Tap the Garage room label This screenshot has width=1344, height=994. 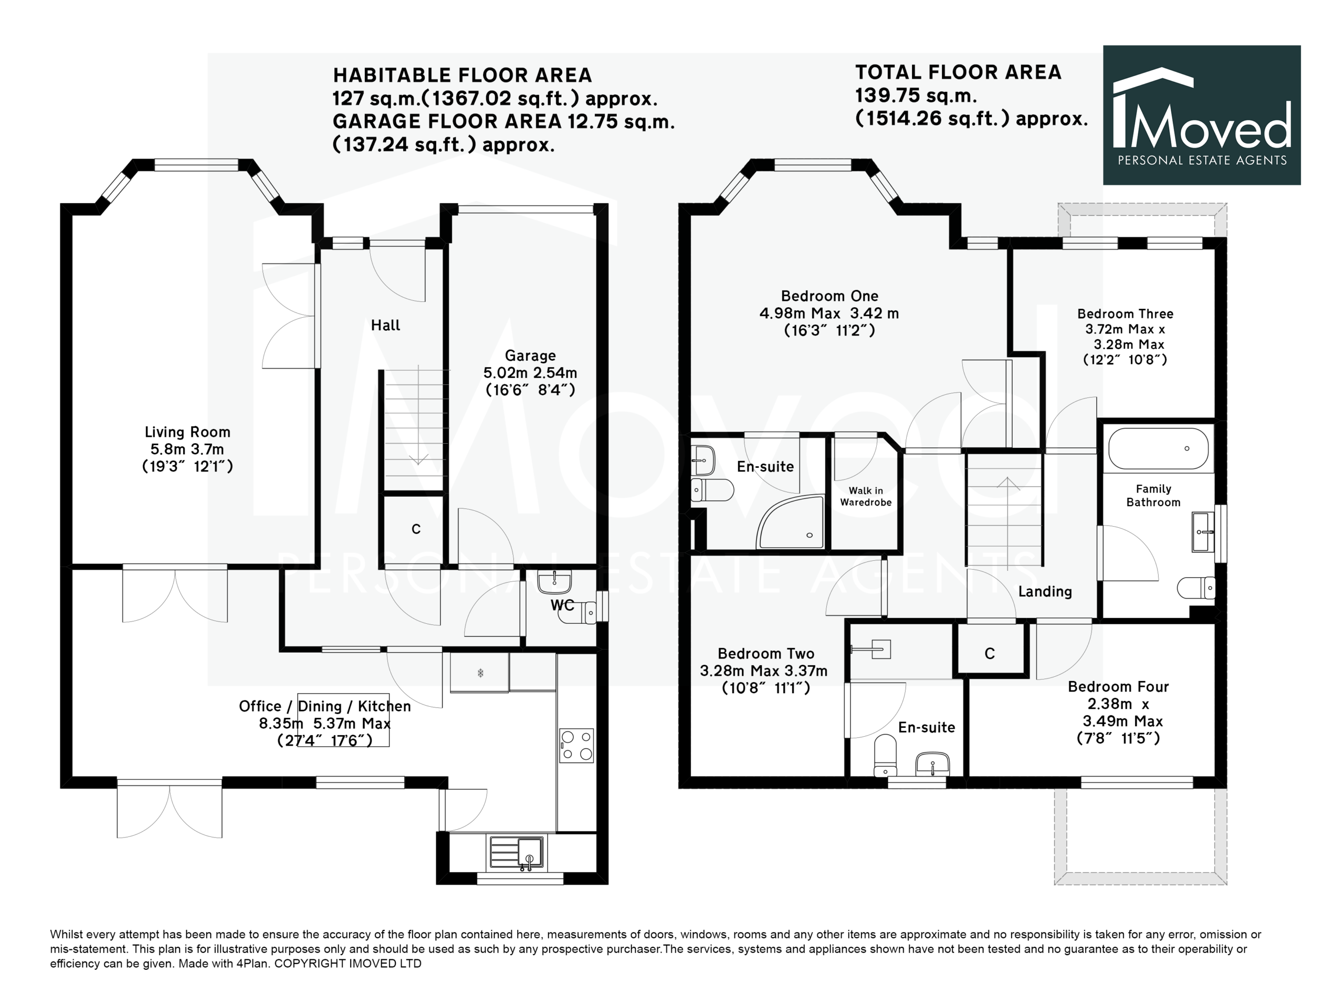[530, 355]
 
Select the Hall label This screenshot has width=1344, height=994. [386, 326]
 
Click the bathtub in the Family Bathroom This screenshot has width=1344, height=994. [1158, 448]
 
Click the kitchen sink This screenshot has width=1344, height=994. [517, 853]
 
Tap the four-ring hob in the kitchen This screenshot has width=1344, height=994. [576, 746]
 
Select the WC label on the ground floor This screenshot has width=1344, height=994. [562, 605]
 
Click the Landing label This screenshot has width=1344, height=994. [1045, 591]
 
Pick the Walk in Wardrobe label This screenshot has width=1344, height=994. [866, 496]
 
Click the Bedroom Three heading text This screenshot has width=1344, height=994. [1125, 313]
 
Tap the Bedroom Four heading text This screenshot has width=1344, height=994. [1118, 686]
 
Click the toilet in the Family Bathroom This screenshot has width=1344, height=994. [1196, 588]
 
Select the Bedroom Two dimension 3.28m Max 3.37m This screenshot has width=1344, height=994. [763, 671]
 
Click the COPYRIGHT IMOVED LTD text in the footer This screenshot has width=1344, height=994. [348, 964]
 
